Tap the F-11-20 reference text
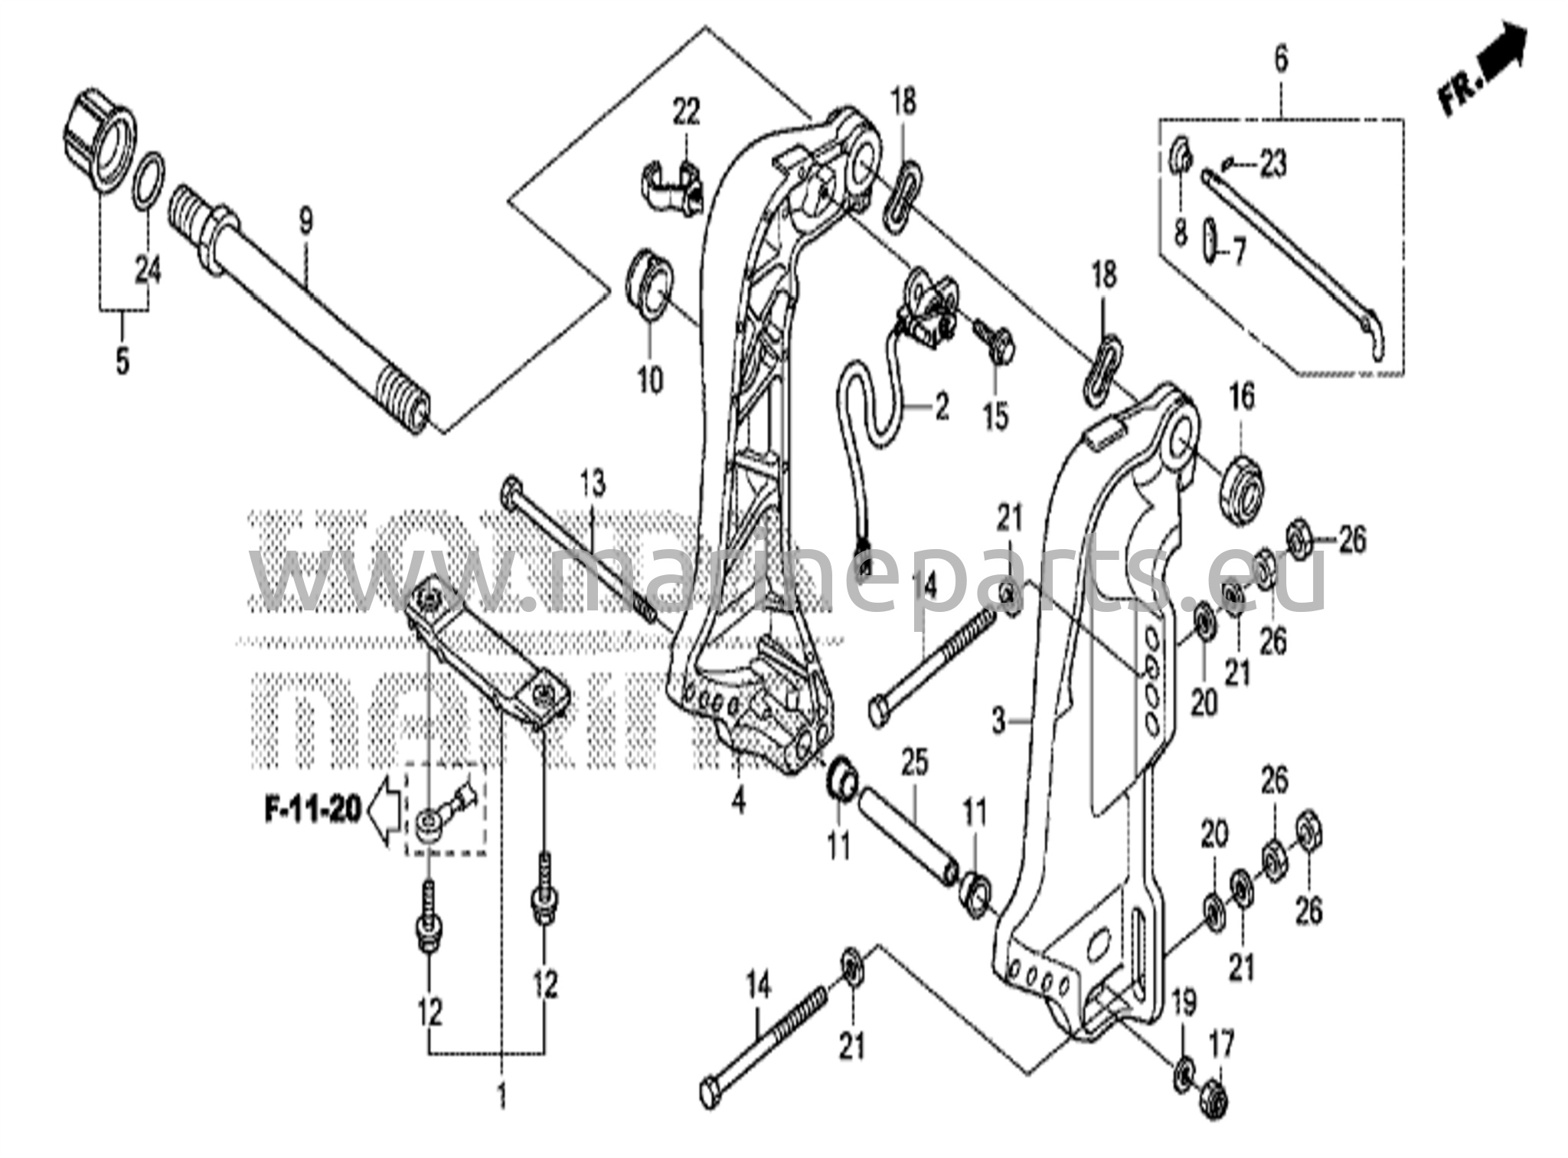coord(313,810)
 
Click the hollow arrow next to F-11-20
coord(384,810)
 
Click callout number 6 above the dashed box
coord(1281,59)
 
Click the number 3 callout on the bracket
coord(998,721)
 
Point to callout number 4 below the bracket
coord(737,801)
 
